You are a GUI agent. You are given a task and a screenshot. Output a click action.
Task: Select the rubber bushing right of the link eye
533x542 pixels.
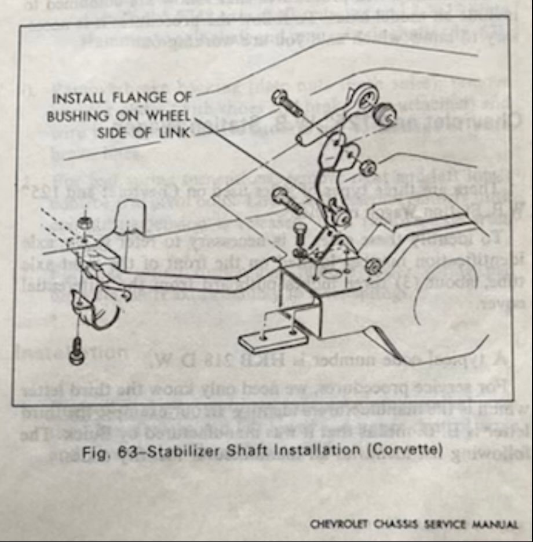(x=385, y=115)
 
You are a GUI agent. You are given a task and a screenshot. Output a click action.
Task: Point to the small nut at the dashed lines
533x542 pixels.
(x=84, y=222)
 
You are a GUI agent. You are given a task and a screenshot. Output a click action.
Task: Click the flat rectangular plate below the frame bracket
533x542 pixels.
(x=272, y=338)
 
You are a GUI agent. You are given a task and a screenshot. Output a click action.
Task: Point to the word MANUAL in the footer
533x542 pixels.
(x=498, y=524)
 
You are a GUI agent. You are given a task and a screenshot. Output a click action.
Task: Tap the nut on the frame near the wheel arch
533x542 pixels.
(x=373, y=266)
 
